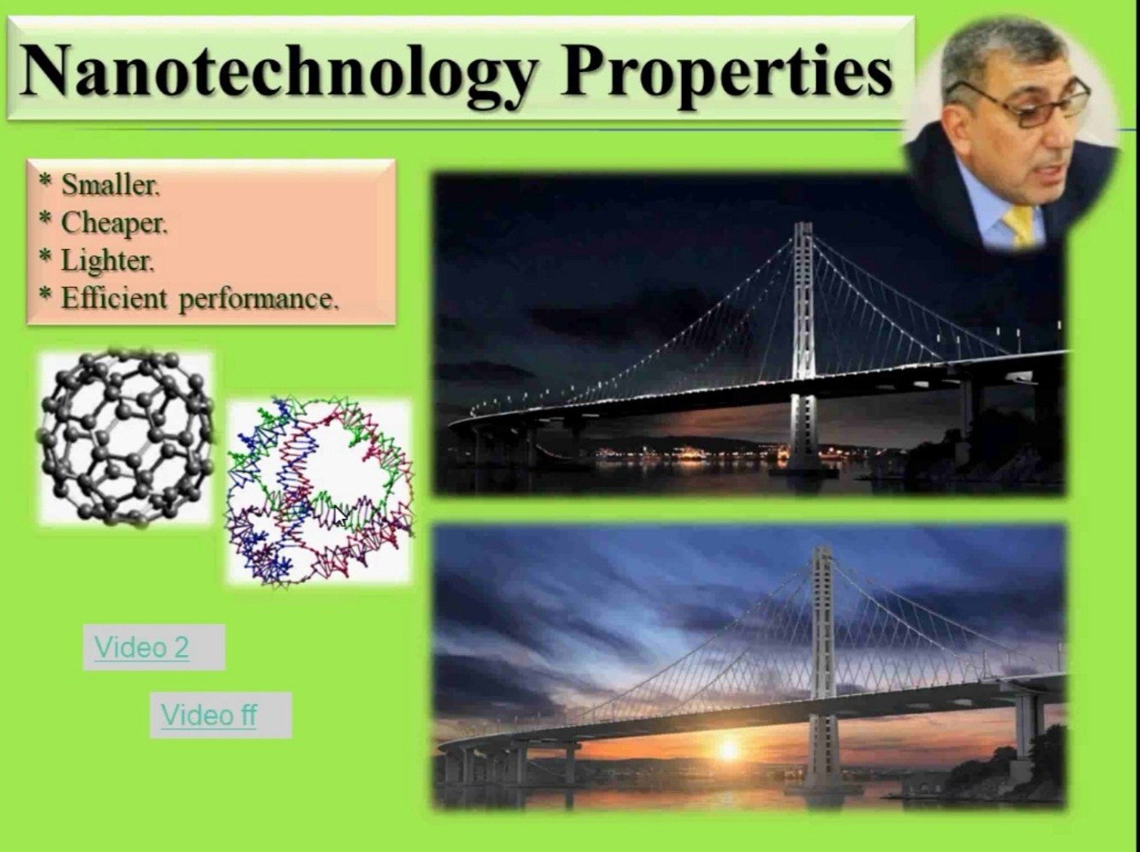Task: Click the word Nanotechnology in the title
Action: click(278, 72)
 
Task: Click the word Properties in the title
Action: click(726, 73)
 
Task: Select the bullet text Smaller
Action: click(110, 185)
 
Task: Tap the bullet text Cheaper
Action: click(114, 224)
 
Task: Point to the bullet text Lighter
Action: click(108, 260)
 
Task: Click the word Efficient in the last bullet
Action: click(114, 299)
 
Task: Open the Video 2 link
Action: click(142, 646)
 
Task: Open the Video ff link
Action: click(209, 715)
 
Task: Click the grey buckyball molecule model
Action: click(126, 438)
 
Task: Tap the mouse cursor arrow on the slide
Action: click(340, 516)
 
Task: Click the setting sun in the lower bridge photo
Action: click(728, 749)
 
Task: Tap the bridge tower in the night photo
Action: click(803, 348)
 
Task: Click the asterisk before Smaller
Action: click(45, 182)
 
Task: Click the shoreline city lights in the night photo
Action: click(690, 455)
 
